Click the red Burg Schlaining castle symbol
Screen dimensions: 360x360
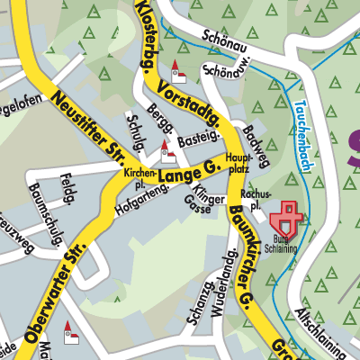click(x=289, y=217)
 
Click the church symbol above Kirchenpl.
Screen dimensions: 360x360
click(x=166, y=148)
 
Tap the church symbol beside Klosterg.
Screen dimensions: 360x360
click(x=178, y=75)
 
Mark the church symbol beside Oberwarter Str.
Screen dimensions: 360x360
click(x=71, y=334)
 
